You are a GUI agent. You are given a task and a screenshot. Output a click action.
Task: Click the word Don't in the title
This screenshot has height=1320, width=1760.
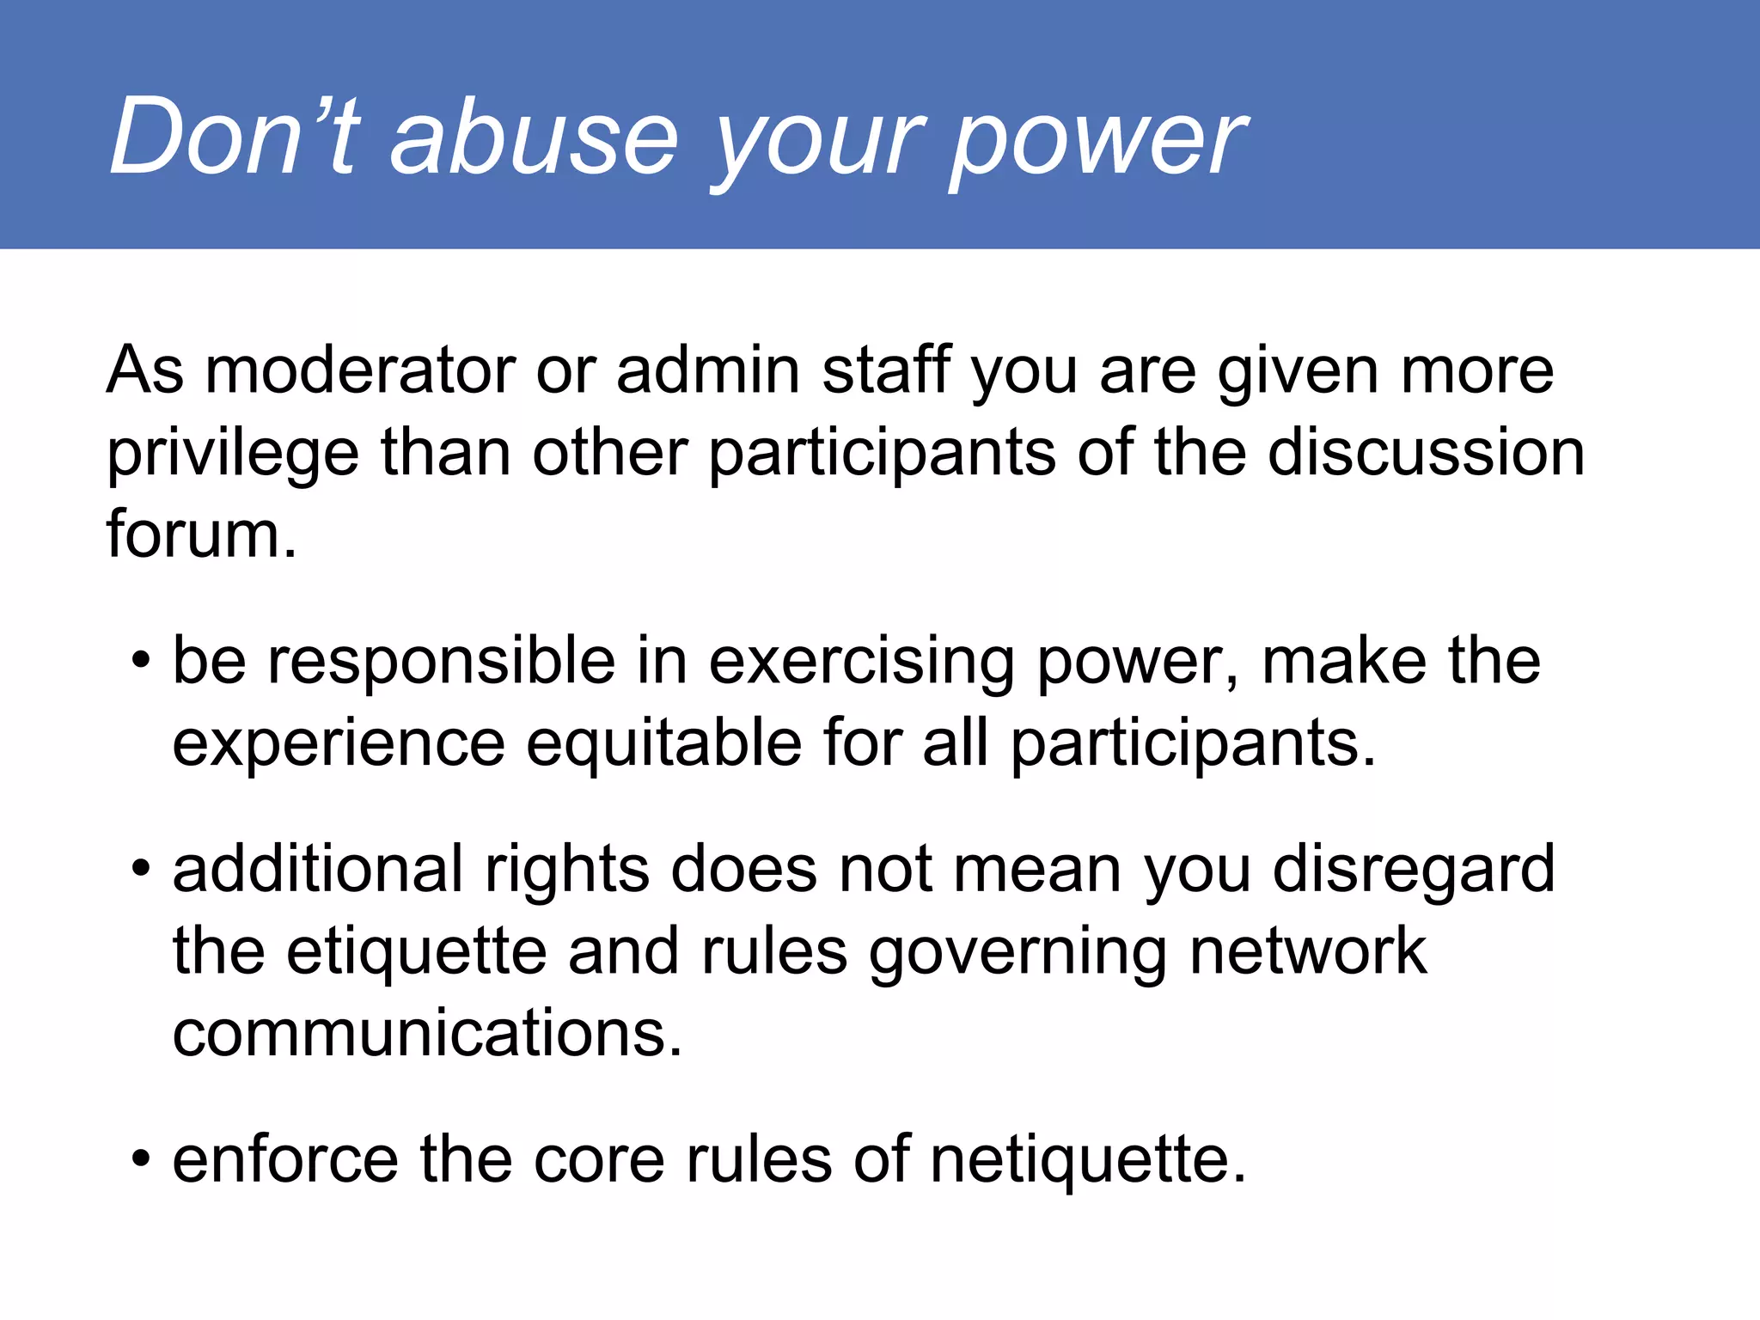(x=232, y=136)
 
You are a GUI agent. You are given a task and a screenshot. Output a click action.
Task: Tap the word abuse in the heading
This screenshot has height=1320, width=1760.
(x=534, y=136)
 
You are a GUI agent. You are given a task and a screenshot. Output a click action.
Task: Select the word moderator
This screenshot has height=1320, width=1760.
(x=359, y=371)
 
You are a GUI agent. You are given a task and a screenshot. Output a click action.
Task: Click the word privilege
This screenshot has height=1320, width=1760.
(x=232, y=455)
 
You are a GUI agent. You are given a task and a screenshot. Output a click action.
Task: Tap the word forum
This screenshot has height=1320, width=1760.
(x=201, y=535)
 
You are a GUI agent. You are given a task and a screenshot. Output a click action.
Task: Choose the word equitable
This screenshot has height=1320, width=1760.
(x=663, y=744)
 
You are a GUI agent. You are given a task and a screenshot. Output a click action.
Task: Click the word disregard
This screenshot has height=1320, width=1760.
(x=1414, y=870)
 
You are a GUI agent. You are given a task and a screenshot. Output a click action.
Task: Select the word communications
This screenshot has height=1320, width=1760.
(x=427, y=1034)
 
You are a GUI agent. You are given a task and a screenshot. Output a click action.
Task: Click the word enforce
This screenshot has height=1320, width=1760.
(x=285, y=1160)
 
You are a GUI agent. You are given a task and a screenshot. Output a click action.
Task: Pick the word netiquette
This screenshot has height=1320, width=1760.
(x=1088, y=1160)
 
